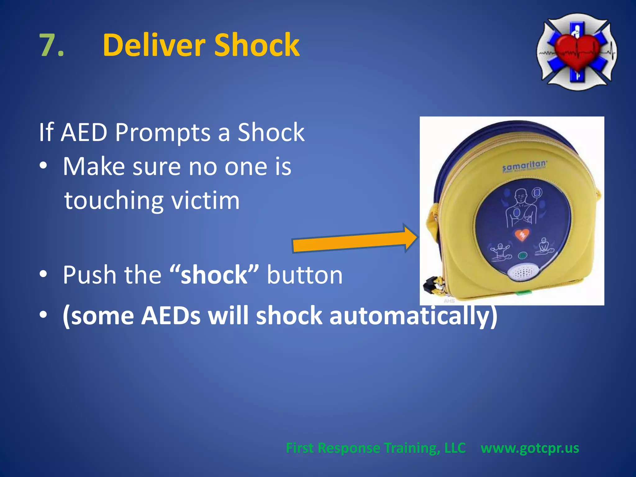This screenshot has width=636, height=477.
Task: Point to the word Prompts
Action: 163,133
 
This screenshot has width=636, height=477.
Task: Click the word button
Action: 305,275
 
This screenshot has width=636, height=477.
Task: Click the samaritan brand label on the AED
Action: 525,165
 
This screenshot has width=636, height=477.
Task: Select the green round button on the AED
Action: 522,256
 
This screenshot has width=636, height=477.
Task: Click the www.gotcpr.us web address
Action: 530,448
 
